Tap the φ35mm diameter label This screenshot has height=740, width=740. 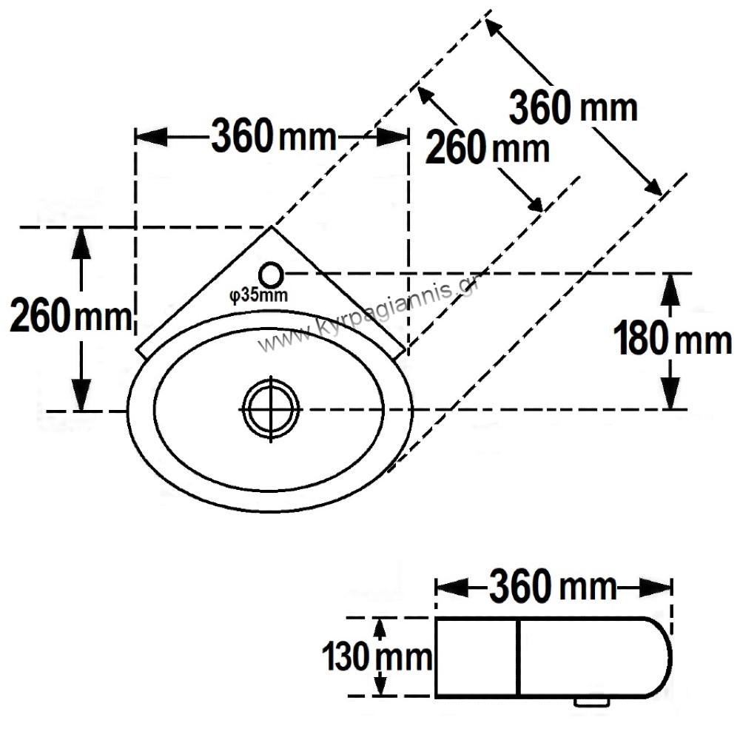click(258, 295)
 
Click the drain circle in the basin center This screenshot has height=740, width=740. click(270, 409)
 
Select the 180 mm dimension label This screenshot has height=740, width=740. click(673, 338)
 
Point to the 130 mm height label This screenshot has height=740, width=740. click(377, 656)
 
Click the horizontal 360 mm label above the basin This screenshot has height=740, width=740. click(274, 136)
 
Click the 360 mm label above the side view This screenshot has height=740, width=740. click(553, 586)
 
